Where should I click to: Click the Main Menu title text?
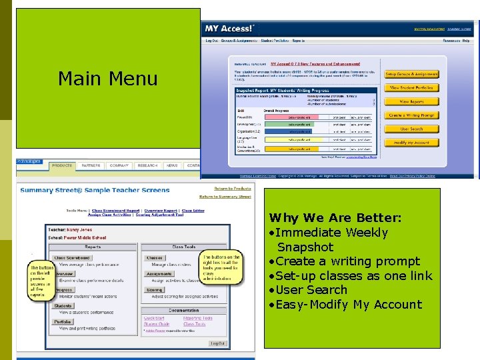point(107,79)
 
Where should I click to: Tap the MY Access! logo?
point(229,29)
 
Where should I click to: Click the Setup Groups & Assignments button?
point(411,74)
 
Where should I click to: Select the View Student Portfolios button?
point(411,87)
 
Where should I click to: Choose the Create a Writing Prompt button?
point(411,115)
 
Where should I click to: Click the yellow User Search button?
point(411,129)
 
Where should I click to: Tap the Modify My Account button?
point(411,143)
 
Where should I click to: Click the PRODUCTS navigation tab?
point(62,165)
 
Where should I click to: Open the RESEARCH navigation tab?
point(147,165)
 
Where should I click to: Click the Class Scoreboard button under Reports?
point(71,257)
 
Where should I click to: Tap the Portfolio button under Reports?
point(63,321)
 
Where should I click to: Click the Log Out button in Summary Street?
point(217,343)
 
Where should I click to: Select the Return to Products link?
point(232,189)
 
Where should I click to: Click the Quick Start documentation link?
point(154,318)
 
